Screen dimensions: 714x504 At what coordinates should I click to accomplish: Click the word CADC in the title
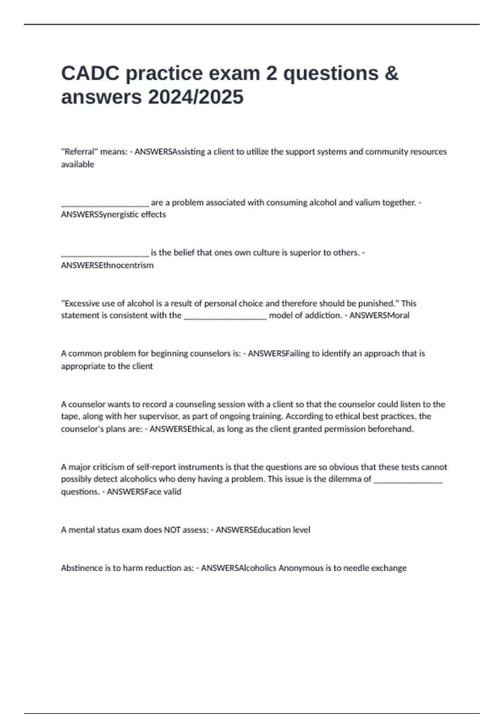(x=90, y=73)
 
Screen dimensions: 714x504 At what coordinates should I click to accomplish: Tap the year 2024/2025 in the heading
(x=195, y=97)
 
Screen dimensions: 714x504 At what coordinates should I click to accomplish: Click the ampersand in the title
(x=391, y=73)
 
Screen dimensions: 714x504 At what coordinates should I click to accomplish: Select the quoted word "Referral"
(x=79, y=152)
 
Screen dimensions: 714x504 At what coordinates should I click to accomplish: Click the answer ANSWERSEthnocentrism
(x=107, y=265)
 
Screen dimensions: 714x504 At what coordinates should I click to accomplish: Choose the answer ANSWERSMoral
(x=379, y=315)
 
